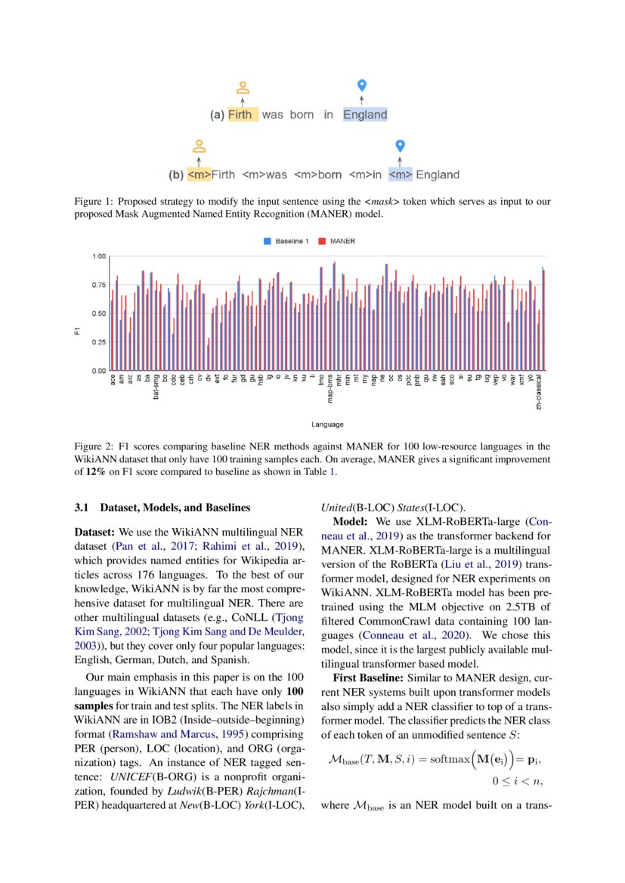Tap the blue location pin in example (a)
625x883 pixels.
(361, 85)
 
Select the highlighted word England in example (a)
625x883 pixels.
(365, 115)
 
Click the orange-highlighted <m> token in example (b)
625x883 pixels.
(199, 174)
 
